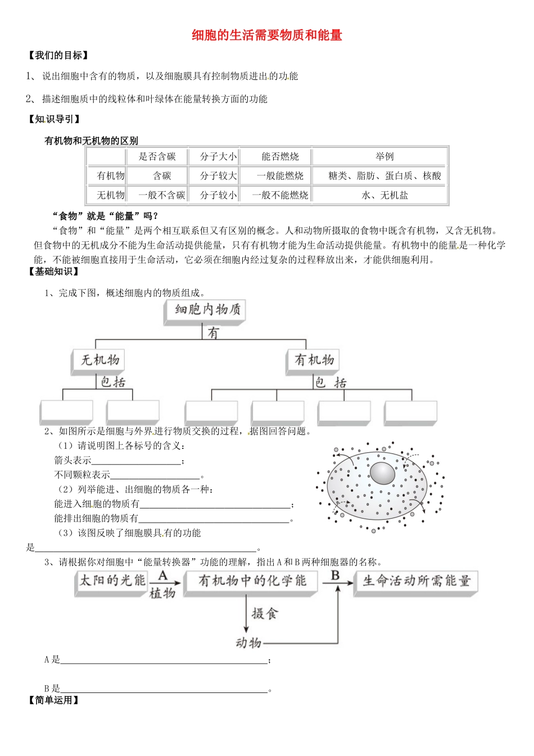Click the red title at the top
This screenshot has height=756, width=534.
coord(267,35)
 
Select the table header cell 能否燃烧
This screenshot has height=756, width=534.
coord(280,156)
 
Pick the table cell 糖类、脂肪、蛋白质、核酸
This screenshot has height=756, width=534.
coord(384,176)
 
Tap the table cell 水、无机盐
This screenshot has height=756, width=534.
coord(384,195)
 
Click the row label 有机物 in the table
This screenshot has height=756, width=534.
coord(110,176)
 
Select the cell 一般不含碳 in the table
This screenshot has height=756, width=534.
coord(162,195)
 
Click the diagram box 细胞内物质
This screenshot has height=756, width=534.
coord(207,310)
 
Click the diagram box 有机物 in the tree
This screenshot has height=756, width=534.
coord(314,360)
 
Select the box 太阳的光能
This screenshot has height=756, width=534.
coord(112,581)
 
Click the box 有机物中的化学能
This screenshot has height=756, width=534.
coord(252,581)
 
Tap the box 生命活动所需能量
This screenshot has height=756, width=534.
coord(416,581)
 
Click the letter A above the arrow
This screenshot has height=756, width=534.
coord(163,575)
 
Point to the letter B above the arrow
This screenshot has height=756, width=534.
coord(335,575)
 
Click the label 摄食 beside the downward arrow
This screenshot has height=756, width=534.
coord(265,614)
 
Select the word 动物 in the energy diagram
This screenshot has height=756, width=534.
coord(248,642)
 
